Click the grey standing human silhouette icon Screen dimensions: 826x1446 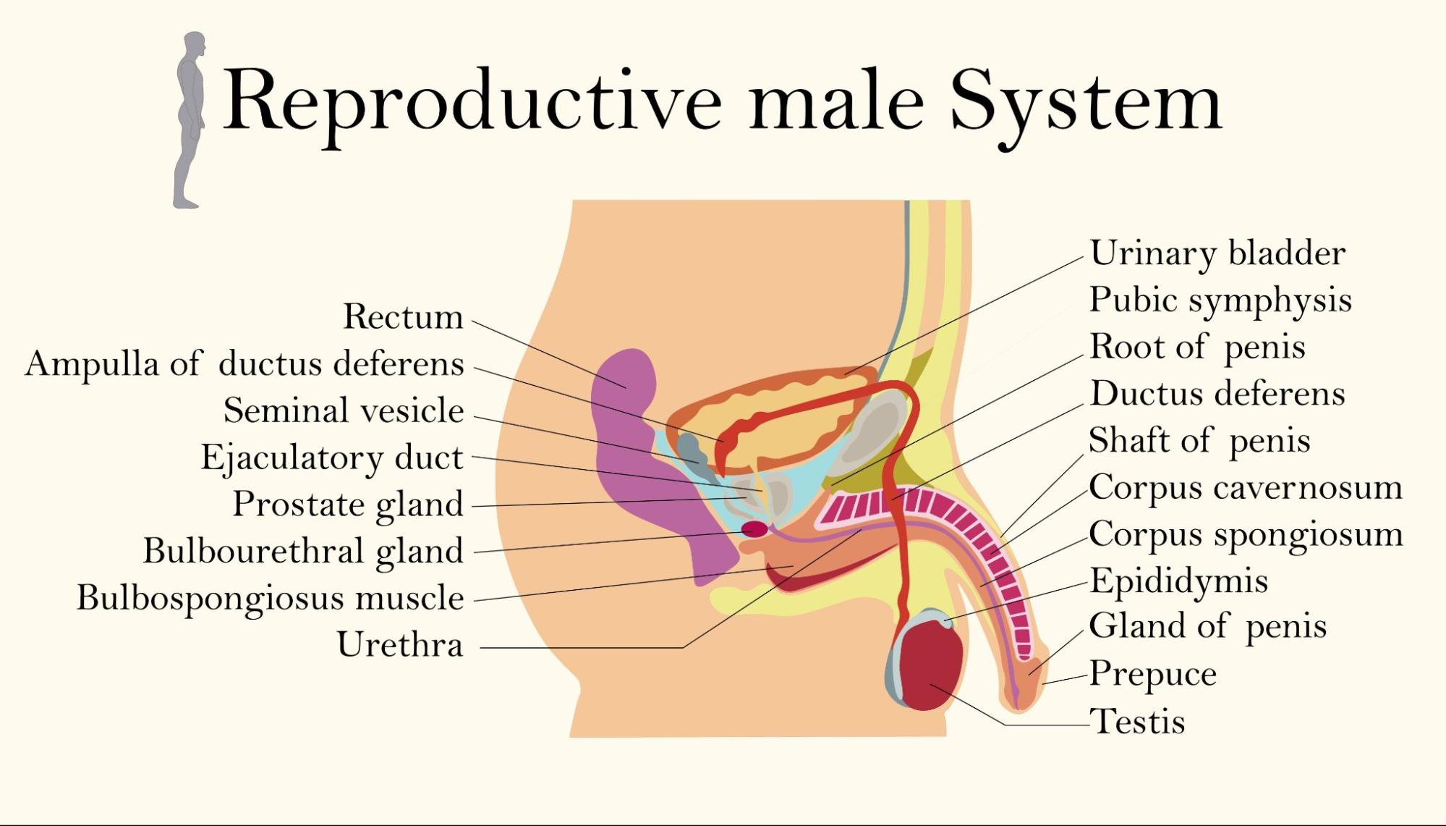(190, 119)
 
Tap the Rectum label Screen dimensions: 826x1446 (403, 317)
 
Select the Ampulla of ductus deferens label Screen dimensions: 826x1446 (244, 363)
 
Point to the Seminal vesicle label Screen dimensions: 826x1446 (344, 410)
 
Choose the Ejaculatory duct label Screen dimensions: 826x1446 (332, 458)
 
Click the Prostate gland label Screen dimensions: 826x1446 (348, 505)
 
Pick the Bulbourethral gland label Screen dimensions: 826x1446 (303, 551)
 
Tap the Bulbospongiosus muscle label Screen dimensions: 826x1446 (271, 598)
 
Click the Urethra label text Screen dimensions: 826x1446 (400, 644)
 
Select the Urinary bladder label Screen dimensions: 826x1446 (1217, 253)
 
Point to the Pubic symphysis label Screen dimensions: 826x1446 (1220, 300)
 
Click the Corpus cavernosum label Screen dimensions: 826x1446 (1245, 487)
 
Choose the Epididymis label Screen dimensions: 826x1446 (1178, 581)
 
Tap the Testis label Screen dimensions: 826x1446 (1137, 721)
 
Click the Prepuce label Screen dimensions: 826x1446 (1152, 674)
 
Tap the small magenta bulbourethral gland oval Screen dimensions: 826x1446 (754, 529)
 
